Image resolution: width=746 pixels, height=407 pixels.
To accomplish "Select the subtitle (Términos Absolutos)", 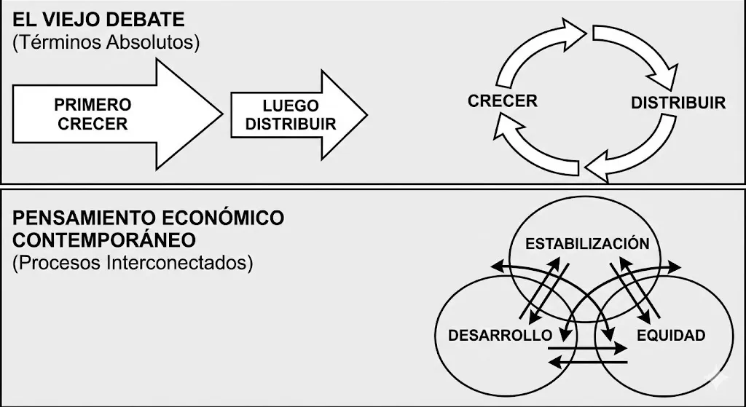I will pyautogui.click(x=106, y=42).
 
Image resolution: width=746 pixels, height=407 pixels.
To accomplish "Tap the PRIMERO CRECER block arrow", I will pyautogui.click(x=109, y=114).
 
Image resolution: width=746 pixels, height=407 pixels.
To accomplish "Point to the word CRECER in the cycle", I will pyautogui.click(x=503, y=100).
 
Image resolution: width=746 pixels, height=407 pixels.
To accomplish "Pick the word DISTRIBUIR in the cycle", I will pyautogui.click(x=678, y=103).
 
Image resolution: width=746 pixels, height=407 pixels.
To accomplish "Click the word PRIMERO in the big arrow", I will pyautogui.click(x=93, y=105).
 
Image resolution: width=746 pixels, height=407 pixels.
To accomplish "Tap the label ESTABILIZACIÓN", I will pyautogui.click(x=586, y=243).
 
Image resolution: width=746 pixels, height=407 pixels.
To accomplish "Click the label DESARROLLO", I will pyautogui.click(x=500, y=336).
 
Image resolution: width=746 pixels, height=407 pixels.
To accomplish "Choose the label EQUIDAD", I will pyautogui.click(x=670, y=336).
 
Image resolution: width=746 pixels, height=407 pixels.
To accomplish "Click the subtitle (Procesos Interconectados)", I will pyautogui.click(x=133, y=262).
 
